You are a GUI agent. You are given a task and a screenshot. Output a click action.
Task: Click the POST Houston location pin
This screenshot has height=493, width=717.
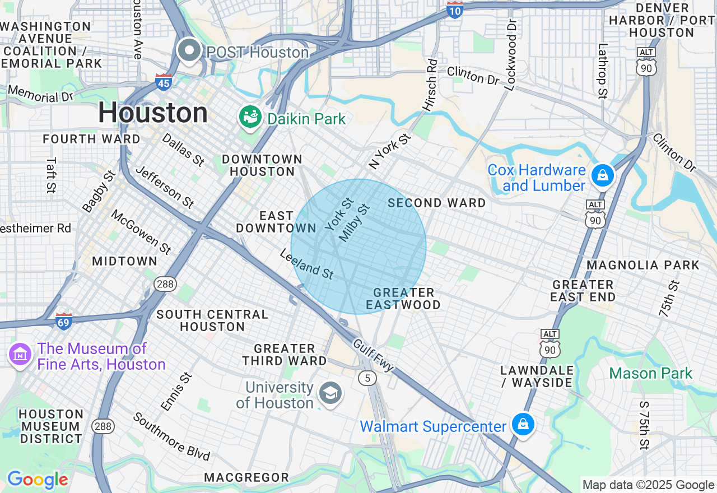coord(189,51)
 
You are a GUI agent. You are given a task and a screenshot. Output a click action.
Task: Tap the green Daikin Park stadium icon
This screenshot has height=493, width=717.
coord(250,117)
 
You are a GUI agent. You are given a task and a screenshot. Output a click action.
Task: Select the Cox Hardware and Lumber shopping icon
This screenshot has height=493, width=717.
coord(602,176)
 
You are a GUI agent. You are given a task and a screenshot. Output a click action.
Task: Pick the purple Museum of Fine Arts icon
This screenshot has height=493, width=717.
coord(20,355)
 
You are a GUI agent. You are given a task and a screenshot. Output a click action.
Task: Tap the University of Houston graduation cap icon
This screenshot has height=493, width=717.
coord(330,394)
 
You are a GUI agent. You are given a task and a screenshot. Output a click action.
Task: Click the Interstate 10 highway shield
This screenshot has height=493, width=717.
coord(455,10)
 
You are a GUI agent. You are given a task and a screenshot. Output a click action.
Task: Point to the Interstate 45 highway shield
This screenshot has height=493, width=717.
coord(164,82)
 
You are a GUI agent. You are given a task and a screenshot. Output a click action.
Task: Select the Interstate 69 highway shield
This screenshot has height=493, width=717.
coord(64,322)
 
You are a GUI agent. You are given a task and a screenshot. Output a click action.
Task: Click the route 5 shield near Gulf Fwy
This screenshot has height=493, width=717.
coord(367,378)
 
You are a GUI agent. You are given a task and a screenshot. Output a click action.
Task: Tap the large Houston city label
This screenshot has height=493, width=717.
coord(153,113)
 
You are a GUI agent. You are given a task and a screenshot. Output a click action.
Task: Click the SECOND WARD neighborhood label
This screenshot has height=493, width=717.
coord(437,203)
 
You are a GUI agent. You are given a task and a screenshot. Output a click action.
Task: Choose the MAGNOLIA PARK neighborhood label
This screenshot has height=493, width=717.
coord(643,265)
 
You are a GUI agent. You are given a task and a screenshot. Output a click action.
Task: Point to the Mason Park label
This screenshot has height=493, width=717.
coord(650,373)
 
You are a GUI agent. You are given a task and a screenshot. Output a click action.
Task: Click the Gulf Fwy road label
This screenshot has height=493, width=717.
coord(373,355)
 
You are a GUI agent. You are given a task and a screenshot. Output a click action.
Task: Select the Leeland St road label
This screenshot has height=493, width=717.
coord(307,264)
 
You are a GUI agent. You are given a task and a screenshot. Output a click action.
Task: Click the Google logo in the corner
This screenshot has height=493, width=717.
coord(38,480)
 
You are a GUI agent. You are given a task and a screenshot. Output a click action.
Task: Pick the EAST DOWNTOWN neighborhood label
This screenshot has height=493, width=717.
coord(276,222)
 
